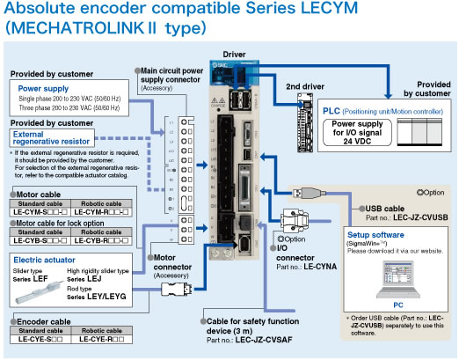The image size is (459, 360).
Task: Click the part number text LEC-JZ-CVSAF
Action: tap(260, 338)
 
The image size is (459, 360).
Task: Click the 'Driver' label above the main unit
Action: tap(235, 55)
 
